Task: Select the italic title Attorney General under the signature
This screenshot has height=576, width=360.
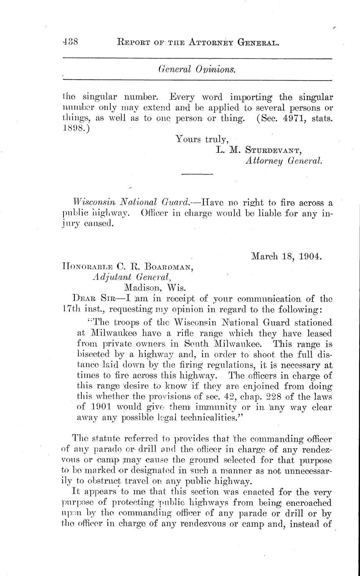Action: [284, 160]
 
